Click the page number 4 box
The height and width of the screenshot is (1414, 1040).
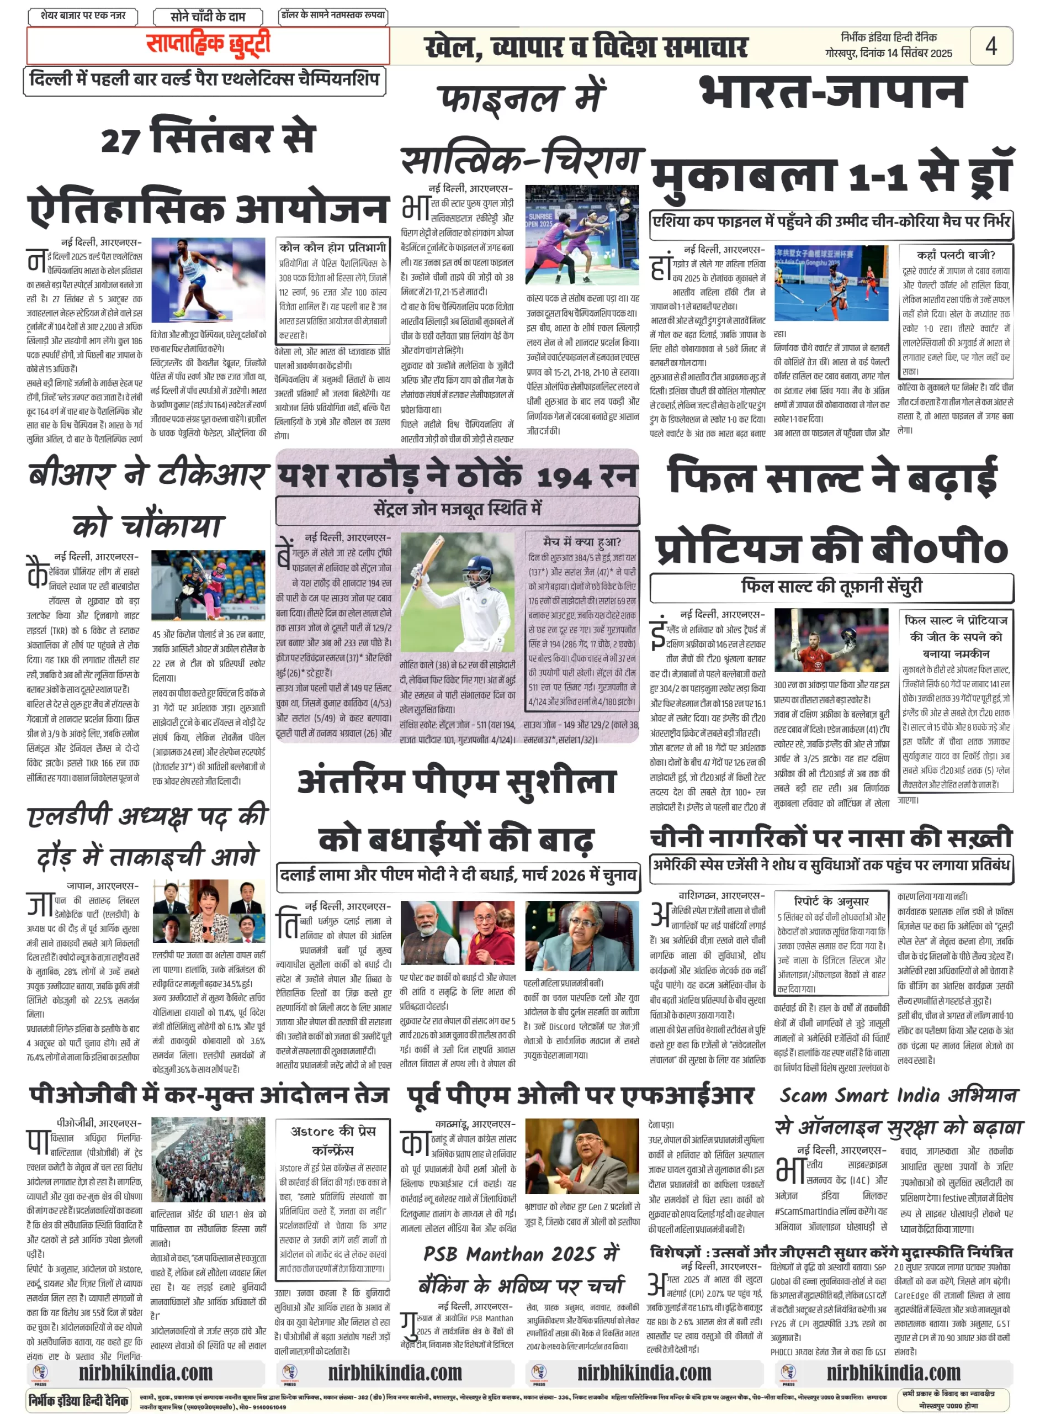(x=990, y=45)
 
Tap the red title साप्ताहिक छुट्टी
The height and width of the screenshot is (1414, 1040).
(x=208, y=44)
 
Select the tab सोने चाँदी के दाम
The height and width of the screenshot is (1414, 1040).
(x=208, y=17)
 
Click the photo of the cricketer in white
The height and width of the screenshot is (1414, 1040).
(x=457, y=593)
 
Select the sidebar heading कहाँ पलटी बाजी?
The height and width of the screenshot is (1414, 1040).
(x=955, y=255)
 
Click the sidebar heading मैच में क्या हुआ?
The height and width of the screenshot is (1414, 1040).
(x=582, y=542)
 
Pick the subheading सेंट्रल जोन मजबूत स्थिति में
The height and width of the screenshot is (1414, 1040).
(x=457, y=509)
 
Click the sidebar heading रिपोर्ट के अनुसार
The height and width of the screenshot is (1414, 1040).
(x=831, y=901)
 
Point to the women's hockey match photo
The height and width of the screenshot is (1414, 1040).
(x=831, y=283)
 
